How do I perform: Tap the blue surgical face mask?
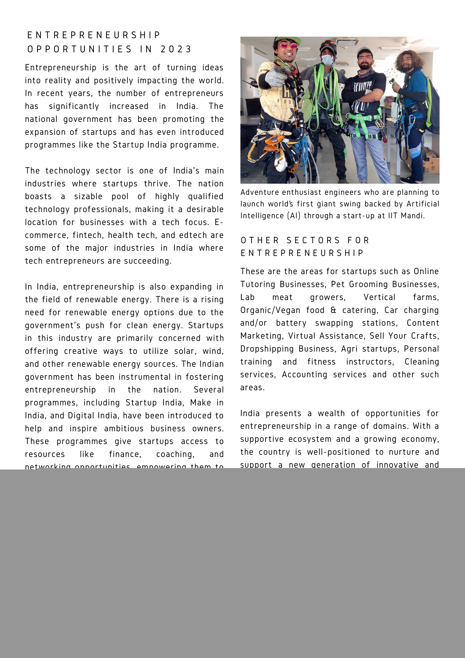[x=327, y=60]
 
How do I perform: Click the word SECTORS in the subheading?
[x=313, y=240]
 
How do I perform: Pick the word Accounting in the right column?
[x=304, y=375]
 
